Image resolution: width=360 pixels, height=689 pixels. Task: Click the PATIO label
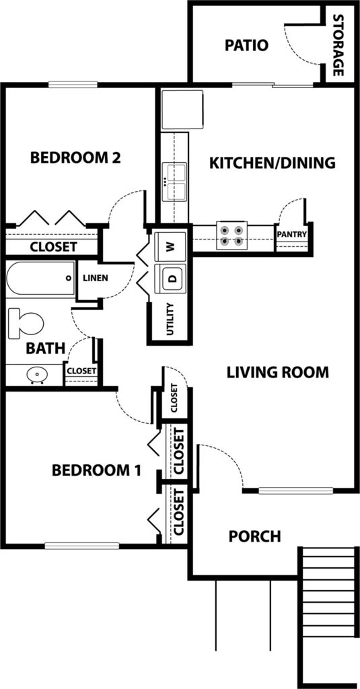(x=246, y=46)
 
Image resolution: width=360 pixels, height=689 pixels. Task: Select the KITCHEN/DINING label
(x=272, y=162)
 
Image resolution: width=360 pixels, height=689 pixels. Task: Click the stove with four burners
(x=231, y=235)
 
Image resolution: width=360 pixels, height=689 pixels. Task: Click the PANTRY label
(x=292, y=235)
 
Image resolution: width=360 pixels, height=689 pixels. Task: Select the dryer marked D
(x=171, y=279)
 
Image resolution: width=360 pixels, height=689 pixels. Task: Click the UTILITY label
(x=171, y=320)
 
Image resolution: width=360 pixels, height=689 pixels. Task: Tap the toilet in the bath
(x=25, y=324)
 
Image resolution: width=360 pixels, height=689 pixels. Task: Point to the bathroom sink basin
(x=34, y=374)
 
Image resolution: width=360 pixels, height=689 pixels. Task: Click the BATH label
(x=45, y=349)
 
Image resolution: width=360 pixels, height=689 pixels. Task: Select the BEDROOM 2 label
(x=75, y=158)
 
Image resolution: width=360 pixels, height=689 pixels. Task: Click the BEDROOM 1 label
(x=96, y=470)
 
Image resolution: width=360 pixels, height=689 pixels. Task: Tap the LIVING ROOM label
(x=277, y=371)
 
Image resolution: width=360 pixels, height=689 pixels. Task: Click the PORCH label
(x=254, y=536)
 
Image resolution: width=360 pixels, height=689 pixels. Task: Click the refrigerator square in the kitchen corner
(x=182, y=109)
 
